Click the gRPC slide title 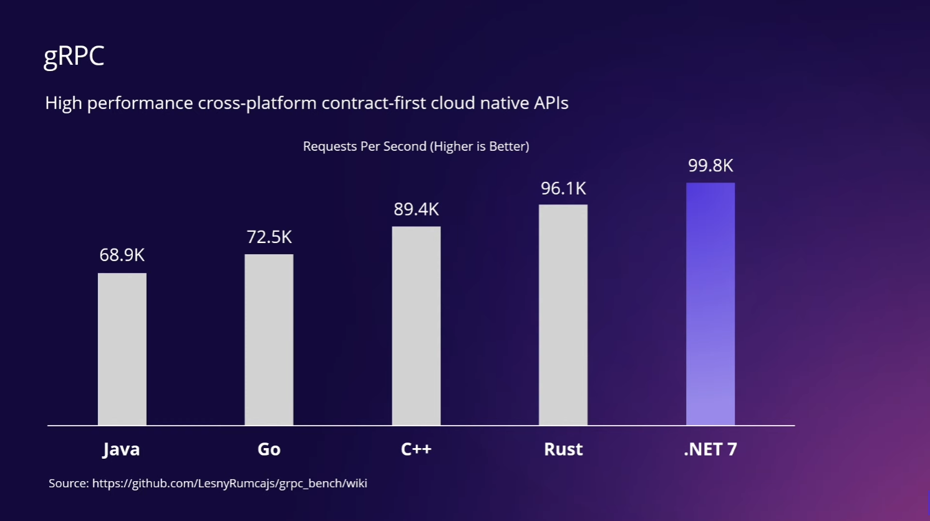74,56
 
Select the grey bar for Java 122,349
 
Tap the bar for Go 269,340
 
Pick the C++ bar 416,326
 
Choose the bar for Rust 563,315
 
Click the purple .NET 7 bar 710,304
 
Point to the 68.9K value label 122,255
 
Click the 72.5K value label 269,237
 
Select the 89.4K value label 416,209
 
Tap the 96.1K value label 563,188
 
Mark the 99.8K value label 710,166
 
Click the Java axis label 121,449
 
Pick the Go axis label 269,449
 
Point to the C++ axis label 416,449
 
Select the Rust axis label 563,449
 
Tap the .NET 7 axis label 710,449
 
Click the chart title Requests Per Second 416,146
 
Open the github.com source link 230,484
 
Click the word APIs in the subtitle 551,103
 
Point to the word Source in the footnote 69,484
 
